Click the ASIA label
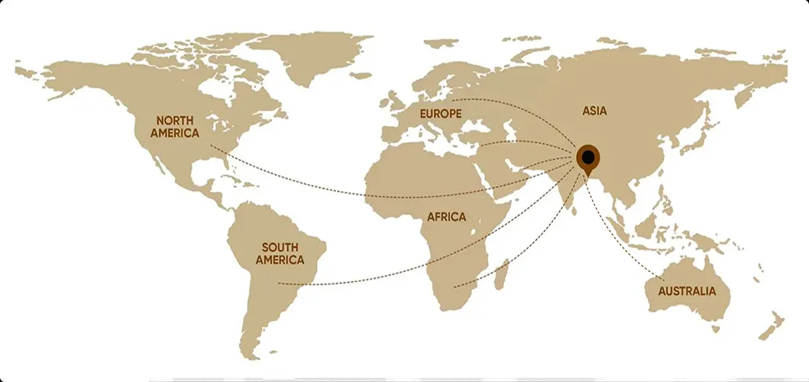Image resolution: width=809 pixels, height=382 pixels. tap(594, 111)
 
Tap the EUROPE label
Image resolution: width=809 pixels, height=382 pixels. tap(441, 113)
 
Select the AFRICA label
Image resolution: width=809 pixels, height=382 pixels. tap(446, 217)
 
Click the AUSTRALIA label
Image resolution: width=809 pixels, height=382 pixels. tap(688, 291)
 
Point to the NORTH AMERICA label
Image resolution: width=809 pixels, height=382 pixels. tap(175, 127)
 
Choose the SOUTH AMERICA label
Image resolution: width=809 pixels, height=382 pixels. tap(280, 254)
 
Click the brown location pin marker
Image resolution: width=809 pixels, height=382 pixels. tap(587, 159)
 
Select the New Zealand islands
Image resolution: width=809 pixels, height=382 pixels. tap(769, 324)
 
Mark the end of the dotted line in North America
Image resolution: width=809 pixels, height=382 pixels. tap(212, 146)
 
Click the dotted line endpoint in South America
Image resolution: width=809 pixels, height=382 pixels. tap(279, 284)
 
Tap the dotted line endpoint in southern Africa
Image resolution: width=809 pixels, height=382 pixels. tap(455, 287)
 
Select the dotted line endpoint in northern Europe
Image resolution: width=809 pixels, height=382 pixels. tap(451, 100)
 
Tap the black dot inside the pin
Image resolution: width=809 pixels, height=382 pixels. tap(587, 157)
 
